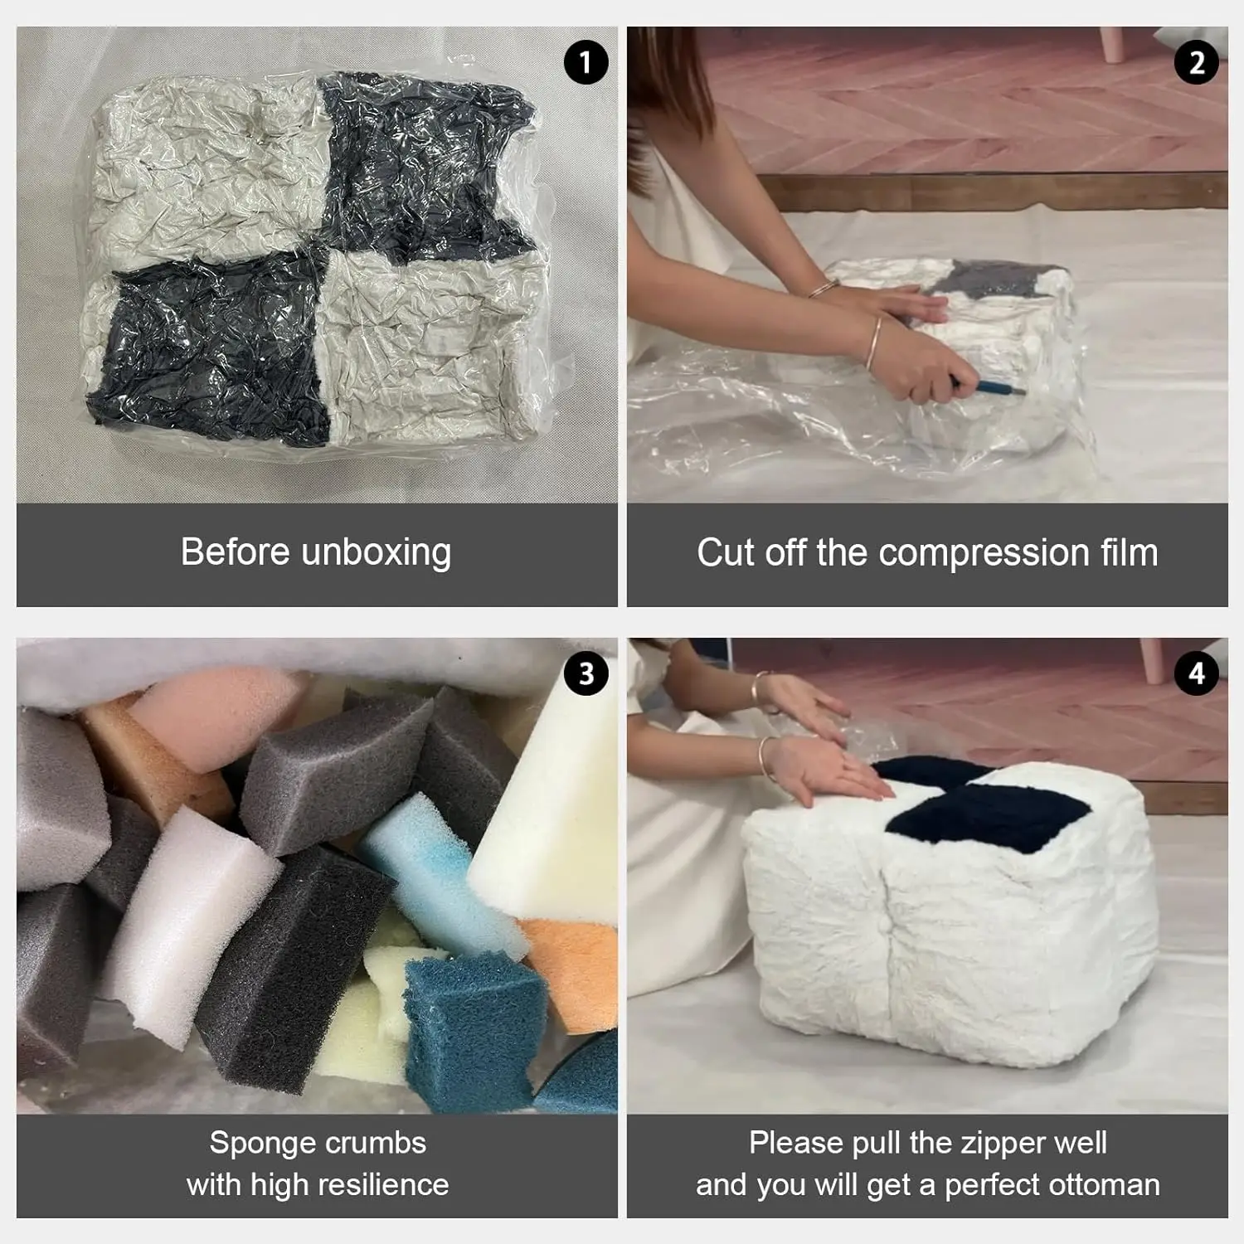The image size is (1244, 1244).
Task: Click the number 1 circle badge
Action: click(586, 62)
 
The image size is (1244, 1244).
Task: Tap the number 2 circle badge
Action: click(1196, 62)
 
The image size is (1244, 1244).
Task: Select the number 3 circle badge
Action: click(586, 673)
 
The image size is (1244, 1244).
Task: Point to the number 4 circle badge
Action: click(1196, 673)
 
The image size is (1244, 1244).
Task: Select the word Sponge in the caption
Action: click(253, 1143)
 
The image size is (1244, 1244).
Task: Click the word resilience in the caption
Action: click(382, 1184)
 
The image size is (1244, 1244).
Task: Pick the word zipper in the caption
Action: click(985, 1144)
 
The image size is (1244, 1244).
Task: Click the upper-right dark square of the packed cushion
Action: click(423, 166)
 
